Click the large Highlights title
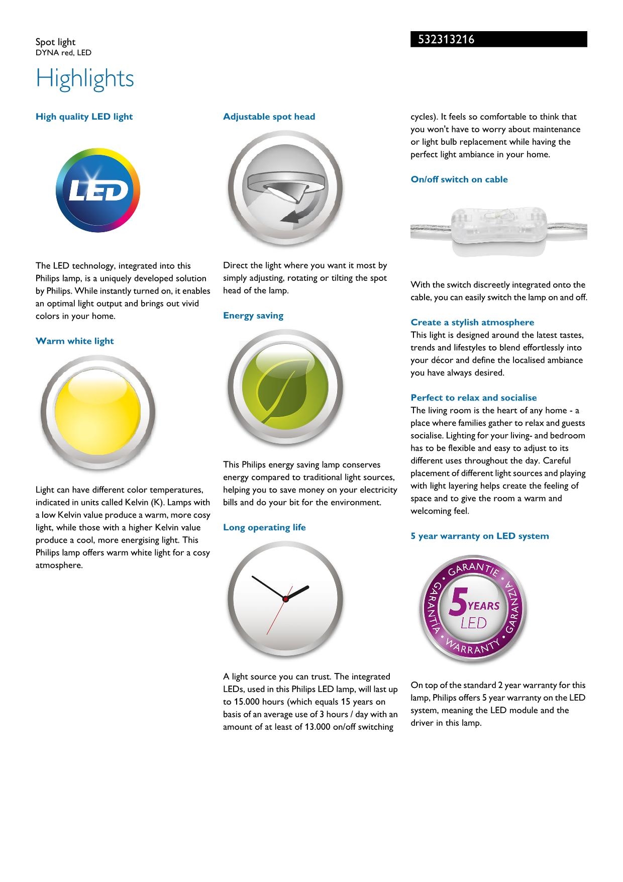85,78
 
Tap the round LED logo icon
98,190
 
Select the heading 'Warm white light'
75,341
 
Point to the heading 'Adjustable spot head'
269,117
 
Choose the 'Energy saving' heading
253,316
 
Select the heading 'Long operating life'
264,527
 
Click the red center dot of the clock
285,599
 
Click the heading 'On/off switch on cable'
459,179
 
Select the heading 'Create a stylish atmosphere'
472,322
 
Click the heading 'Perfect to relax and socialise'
474,398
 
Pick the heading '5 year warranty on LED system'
480,536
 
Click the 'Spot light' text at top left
55,42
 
